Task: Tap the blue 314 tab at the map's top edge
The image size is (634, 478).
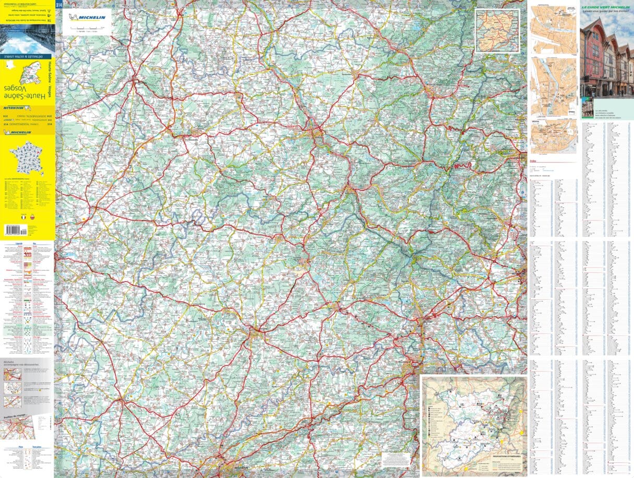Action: [x=58, y=5]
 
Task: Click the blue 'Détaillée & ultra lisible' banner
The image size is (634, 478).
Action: [x=27, y=56]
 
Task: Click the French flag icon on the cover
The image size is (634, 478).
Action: [x=23, y=216]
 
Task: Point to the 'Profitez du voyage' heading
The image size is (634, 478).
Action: [x=13, y=417]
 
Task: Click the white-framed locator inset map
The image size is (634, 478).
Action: [x=497, y=30]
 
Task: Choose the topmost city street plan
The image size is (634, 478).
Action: [x=554, y=30]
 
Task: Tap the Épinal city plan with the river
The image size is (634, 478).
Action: [x=554, y=87]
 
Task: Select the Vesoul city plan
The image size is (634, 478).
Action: [x=554, y=137]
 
